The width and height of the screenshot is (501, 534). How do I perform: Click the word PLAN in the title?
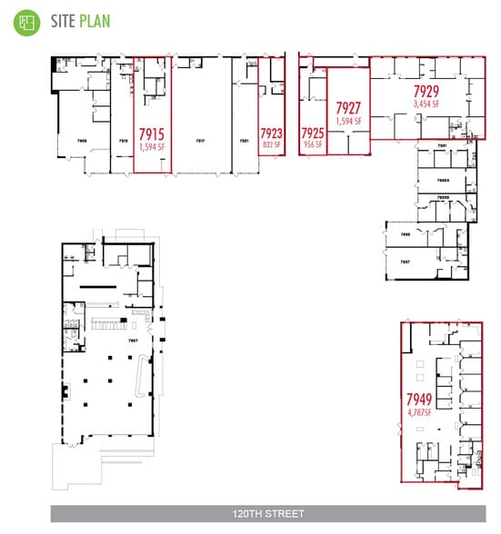tap(94, 20)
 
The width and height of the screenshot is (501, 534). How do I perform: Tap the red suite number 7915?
tap(152, 131)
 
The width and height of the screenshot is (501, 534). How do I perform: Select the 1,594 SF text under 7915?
tap(152, 143)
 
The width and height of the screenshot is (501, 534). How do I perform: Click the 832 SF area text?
tap(271, 143)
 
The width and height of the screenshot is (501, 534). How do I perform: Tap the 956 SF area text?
tap(313, 143)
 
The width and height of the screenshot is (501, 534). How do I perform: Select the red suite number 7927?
tap(349, 107)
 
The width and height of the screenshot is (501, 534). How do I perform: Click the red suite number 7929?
tap(426, 92)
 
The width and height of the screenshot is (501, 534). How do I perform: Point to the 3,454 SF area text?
tap(426, 104)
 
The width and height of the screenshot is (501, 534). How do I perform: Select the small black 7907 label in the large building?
tap(133, 341)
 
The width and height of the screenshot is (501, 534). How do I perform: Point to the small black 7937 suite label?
tap(406, 261)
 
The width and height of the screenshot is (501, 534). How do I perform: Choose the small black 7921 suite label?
tap(244, 141)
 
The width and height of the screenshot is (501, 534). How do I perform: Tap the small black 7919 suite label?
tap(123, 141)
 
